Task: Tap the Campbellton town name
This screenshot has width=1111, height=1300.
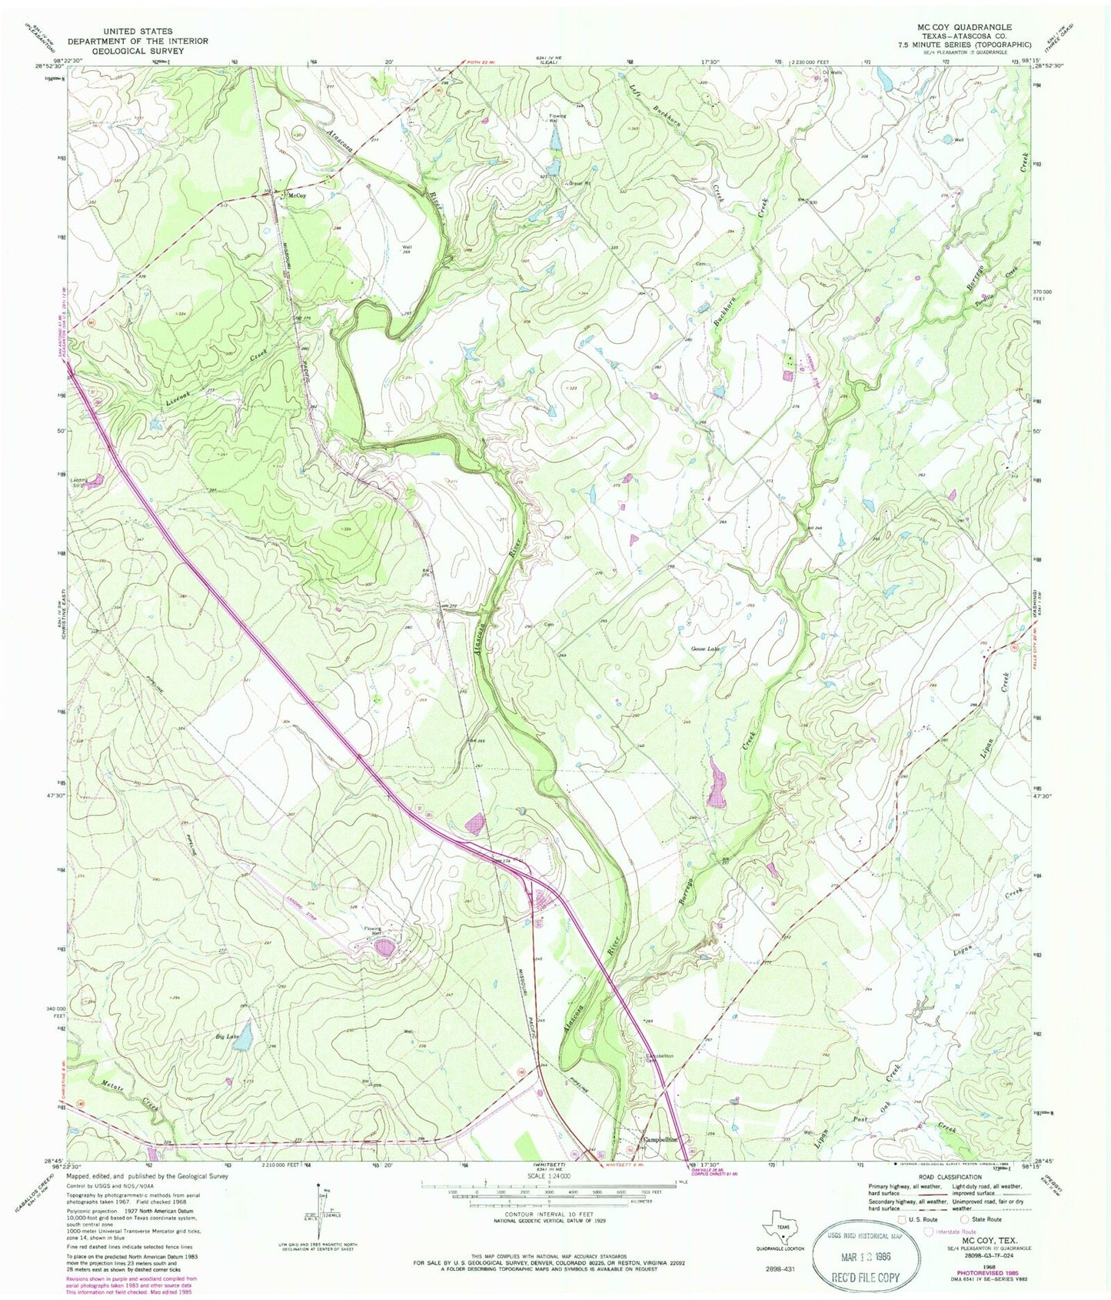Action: click(659, 1141)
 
